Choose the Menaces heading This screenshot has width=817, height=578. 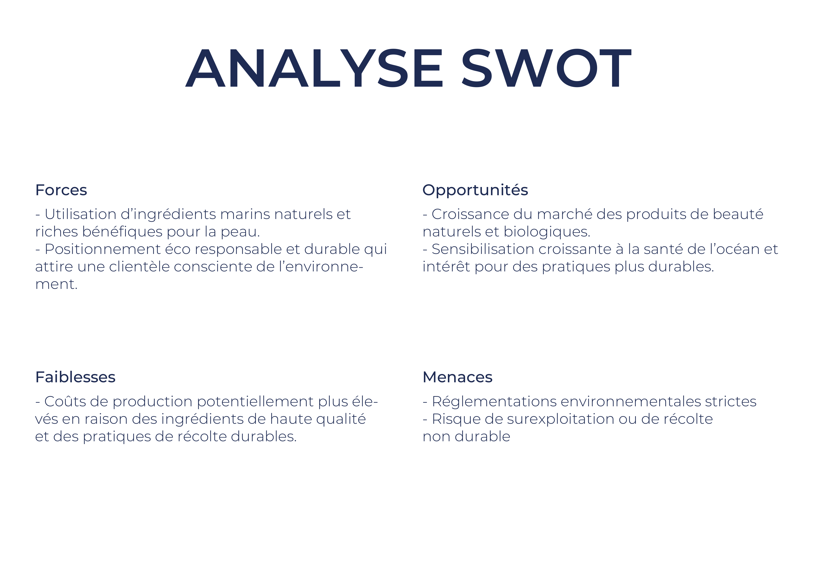tap(457, 377)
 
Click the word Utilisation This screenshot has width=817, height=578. tap(80, 214)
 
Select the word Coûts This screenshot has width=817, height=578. tap(65, 401)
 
